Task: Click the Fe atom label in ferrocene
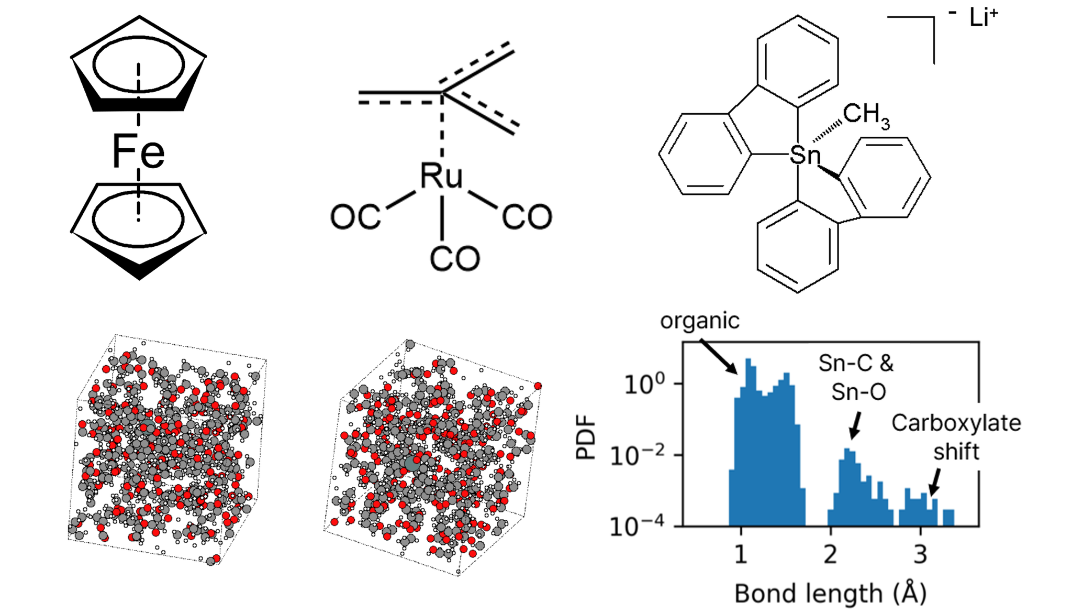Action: tap(138, 151)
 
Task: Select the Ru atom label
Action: tap(441, 176)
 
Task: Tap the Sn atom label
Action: tap(805, 155)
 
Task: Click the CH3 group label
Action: tap(866, 115)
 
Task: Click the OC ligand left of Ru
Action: tap(355, 216)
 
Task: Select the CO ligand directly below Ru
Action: tap(454, 258)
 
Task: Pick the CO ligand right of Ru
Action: tap(527, 217)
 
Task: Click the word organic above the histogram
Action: tap(700, 321)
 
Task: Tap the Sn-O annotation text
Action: tap(858, 392)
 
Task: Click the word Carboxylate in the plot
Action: tap(956, 423)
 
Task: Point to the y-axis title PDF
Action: tap(586, 437)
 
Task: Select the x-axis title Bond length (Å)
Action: tap(831, 593)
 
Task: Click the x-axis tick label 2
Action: tap(831, 554)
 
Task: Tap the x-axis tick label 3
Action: tap(920, 554)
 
